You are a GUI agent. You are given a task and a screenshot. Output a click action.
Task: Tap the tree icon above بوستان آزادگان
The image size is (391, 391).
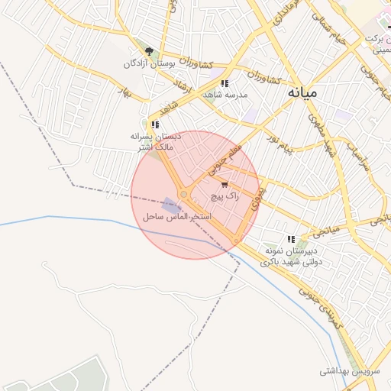[149, 52]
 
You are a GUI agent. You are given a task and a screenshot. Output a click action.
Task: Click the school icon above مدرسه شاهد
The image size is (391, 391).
[224, 82]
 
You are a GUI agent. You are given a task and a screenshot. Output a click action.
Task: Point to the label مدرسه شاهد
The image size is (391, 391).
[223, 95]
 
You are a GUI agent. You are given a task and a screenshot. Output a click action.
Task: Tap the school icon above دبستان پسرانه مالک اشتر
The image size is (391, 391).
[154, 124]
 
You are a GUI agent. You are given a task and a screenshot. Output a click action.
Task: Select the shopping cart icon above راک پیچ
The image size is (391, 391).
[224, 184]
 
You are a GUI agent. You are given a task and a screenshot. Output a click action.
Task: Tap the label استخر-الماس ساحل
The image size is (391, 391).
[176, 218]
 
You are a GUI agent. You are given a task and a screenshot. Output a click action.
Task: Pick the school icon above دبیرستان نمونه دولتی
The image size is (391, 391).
[290, 238]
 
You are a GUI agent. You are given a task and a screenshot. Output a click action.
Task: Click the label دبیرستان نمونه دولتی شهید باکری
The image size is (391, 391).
[291, 255]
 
